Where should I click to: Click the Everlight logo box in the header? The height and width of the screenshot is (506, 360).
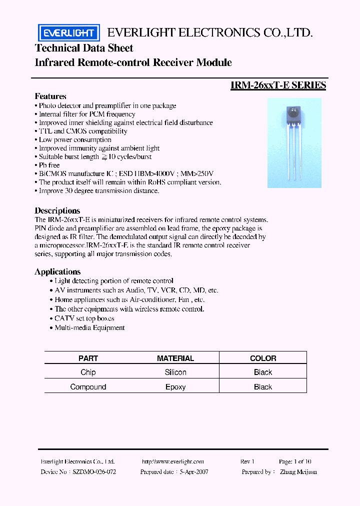pyautogui.click(x=69, y=33)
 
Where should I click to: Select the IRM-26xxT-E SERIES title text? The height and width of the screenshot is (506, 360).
pyautogui.click(x=278, y=85)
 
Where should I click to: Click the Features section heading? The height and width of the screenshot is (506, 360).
pyautogui.click(x=50, y=96)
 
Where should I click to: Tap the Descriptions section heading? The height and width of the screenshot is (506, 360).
pyautogui.click(x=57, y=210)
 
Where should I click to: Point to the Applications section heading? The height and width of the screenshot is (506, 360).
pyautogui.click(x=57, y=271)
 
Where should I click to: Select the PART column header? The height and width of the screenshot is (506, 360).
pyautogui.click(x=88, y=358)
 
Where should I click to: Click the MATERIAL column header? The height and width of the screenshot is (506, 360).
pyautogui.click(x=175, y=358)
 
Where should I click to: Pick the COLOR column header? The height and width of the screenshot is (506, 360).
pyautogui.click(x=263, y=358)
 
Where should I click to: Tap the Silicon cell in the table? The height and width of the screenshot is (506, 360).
pyautogui.click(x=175, y=372)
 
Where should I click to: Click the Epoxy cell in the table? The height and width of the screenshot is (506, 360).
pyautogui.click(x=175, y=386)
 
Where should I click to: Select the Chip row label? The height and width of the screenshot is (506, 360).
pyautogui.click(x=88, y=372)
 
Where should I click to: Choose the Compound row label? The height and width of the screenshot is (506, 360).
pyautogui.click(x=88, y=386)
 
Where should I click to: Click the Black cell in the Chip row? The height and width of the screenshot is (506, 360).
pyautogui.click(x=263, y=372)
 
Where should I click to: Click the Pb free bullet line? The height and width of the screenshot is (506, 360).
pyautogui.click(x=49, y=165)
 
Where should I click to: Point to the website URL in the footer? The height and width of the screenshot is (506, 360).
pyautogui.click(x=173, y=462)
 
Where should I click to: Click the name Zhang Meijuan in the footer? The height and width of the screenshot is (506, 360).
pyautogui.click(x=298, y=471)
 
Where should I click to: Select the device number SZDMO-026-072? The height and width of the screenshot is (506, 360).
pyautogui.click(x=94, y=471)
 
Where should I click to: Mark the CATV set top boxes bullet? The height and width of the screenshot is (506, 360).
pyautogui.click(x=84, y=318)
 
